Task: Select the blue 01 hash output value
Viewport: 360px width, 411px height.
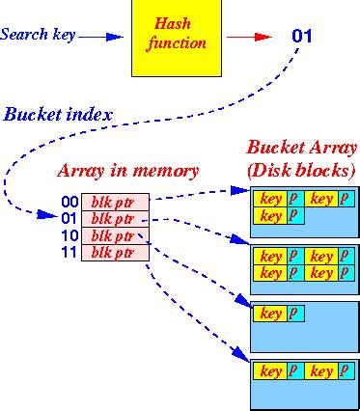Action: click(x=302, y=38)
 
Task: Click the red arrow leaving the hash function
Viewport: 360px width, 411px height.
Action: click(x=249, y=38)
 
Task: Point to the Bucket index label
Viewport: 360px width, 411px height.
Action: click(x=58, y=114)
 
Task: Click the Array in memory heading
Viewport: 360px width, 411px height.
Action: click(x=128, y=172)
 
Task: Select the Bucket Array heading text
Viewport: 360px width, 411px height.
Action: click(x=301, y=150)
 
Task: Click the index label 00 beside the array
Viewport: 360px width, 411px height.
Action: click(x=69, y=203)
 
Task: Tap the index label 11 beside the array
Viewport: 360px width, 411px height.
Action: click(x=69, y=253)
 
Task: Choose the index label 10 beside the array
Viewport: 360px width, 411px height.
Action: click(x=69, y=236)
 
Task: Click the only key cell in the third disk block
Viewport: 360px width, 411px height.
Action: click(x=271, y=314)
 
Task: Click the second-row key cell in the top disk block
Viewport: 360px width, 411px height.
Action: click(x=271, y=215)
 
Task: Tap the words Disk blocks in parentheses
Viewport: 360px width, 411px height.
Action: click(x=302, y=171)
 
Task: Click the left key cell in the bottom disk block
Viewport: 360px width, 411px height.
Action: click(x=271, y=370)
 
